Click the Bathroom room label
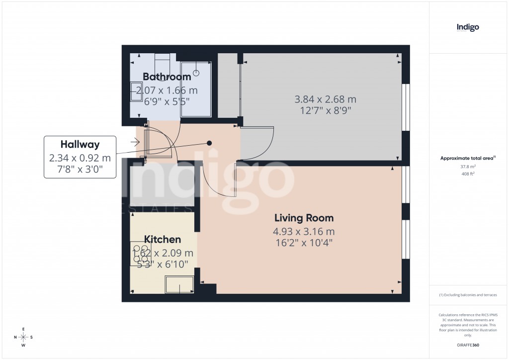point(167,77)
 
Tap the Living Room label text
point(304,218)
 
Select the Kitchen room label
point(163,240)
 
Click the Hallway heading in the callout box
point(80,145)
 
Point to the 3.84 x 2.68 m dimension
point(325,99)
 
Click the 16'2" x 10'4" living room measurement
point(303,243)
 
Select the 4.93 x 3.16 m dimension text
point(303,231)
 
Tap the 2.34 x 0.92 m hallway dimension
point(80,158)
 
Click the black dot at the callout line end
point(209,143)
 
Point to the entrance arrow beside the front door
point(135,142)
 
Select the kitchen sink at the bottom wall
point(179,284)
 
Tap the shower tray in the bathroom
point(196,90)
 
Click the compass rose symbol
point(23,337)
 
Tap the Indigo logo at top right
point(467,28)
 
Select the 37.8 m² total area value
point(467,167)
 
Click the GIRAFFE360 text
point(467,345)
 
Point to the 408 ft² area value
point(467,174)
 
